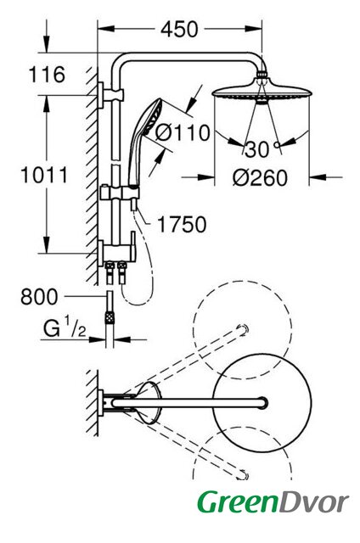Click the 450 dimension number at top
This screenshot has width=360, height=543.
coord(179,30)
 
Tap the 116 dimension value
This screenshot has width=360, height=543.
coord(47,74)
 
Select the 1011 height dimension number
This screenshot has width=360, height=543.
coord(44,175)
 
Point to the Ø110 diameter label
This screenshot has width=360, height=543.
coord(183,132)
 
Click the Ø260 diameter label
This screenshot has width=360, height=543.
coord(260,178)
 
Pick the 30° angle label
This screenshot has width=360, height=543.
coord(262,149)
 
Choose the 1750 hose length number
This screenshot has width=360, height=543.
coord(182,224)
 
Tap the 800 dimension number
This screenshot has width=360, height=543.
coord(39,297)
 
